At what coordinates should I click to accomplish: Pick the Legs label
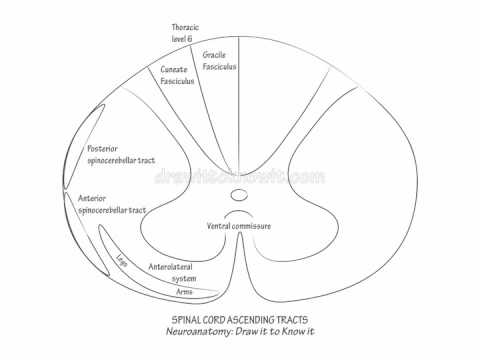(x=122, y=259)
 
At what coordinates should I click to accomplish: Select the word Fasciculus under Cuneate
(x=176, y=83)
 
